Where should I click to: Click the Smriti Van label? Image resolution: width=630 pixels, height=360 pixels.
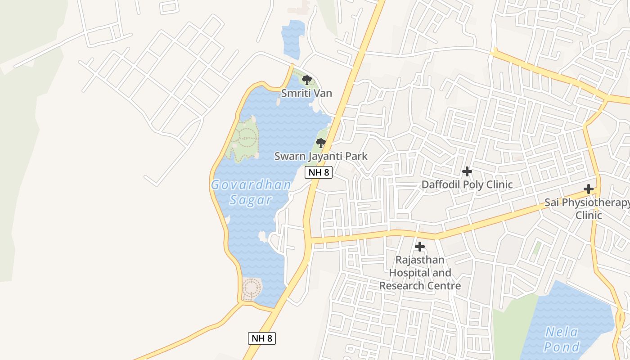click(x=306, y=93)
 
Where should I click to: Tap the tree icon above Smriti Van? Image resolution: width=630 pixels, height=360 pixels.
click(x=307, y=81)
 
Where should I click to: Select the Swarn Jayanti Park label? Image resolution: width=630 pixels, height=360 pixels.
click(x=321, y=156)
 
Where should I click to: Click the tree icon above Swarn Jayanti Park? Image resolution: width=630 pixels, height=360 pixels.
click(x=321, y=144)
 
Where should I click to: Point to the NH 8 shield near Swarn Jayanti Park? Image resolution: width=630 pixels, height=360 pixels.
click(x=319, y=172)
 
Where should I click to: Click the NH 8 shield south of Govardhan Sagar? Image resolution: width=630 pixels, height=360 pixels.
click(x=261, y=338)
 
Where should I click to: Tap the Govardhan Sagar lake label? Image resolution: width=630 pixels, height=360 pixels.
click(x=251, y=192)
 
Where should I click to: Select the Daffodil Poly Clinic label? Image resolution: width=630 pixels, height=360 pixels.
click(x=467, y=184)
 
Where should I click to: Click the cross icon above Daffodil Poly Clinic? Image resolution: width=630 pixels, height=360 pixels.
click(x=467, y=171)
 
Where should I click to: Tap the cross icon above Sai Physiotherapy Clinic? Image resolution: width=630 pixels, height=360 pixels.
click(x=589, y=189)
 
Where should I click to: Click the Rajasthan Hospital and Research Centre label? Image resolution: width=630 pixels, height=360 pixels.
click(x=420, y=273)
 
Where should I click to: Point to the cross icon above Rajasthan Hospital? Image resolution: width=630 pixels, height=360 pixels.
click(x=420, y=247)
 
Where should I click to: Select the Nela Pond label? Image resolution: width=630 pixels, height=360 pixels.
click(x=562, y=339)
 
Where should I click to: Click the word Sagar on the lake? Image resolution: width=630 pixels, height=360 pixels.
click(x=251, y=200)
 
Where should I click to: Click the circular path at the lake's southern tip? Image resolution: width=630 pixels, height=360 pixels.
click(x=252, y=288)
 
